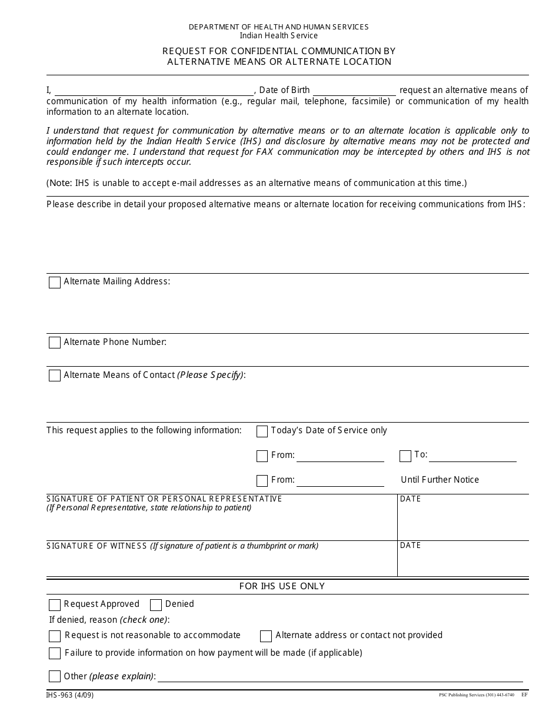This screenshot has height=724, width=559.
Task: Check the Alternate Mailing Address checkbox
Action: (x=55, y=283)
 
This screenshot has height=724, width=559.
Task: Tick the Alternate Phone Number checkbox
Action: (x=55, y=343)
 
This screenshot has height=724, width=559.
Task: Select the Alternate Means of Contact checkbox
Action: (x=55, y=376)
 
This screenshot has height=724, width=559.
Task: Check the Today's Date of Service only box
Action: (x=262, y=431)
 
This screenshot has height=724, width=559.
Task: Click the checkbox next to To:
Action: (x=405, y=456)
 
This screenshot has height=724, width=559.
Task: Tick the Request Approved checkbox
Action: (x=55, y=605)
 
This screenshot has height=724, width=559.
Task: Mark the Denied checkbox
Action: (x=156, y=605)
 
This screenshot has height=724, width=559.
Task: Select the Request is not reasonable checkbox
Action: (x=55, y=636)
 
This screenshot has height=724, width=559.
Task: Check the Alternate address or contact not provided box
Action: (x=266, y=636)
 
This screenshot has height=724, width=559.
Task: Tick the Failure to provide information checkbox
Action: (x=55, y=653)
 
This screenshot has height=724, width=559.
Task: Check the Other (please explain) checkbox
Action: (x=55, y=676)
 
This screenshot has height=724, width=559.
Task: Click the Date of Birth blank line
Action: (x=354, y=91)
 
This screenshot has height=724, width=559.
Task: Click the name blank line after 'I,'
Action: (x=154, y=91)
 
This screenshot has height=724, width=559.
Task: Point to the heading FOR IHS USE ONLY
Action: (x=282, y=586)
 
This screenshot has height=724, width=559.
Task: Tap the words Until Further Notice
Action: (x=440, y=480)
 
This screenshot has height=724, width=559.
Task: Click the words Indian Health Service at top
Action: (x=278, y=36)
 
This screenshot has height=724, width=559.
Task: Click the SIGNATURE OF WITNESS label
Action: (x=97, y=546)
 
